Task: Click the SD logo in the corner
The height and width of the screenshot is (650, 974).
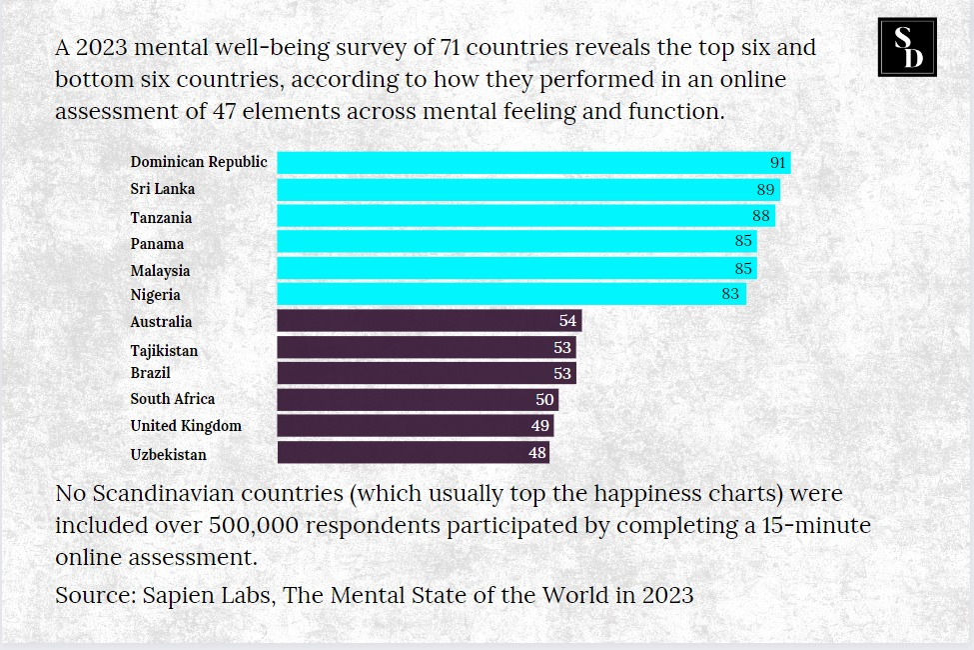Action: point(906,47)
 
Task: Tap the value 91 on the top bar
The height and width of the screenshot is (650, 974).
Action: point(778,163)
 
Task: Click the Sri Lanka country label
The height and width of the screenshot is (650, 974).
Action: point(163,189)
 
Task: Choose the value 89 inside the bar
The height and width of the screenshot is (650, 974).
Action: point(765,189)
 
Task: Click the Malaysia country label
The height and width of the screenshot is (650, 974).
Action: point(160,270)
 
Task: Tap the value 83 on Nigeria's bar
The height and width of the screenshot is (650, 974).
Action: point(730,294)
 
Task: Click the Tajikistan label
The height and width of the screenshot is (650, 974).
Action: point(164,350)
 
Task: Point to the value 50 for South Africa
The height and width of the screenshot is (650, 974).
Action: point(544,399)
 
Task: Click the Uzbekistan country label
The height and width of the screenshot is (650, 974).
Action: point(168,454)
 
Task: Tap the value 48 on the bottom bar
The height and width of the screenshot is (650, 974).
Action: point(537,453)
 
